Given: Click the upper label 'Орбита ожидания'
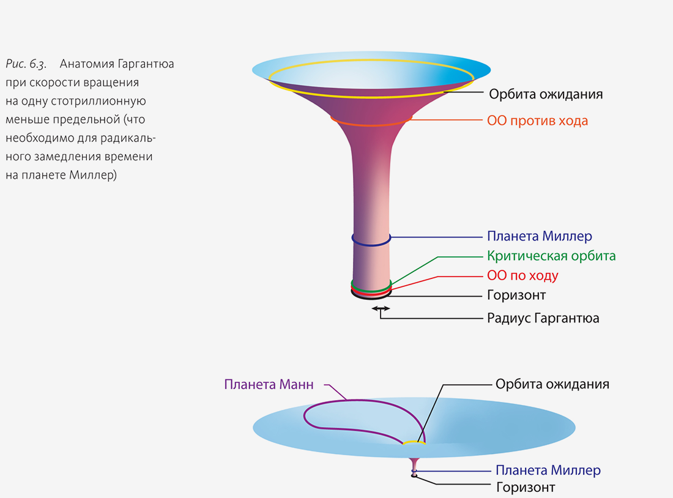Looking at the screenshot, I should [x=546, y=94].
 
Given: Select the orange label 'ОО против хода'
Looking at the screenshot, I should [x=537, y=121].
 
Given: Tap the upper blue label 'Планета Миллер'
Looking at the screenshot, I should [x=540, y=236].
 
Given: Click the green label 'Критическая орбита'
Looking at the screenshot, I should [x=551, y=256].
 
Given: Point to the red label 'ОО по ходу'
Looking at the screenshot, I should [x=522, y=275].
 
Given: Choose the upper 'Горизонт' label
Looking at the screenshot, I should [x=516, y=295].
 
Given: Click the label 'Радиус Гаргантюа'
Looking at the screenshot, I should [x=543, y=318].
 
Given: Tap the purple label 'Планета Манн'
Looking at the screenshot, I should [x=269, y=385].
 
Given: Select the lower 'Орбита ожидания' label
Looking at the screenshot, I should [x=552, y=384].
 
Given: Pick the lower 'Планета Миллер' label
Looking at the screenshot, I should [x=548, y=470].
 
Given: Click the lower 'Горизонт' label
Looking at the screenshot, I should [x=525, y=488].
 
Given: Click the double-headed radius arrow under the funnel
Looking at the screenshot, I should [x=380, y=309].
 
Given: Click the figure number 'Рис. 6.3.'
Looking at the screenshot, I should [x=26, y=64].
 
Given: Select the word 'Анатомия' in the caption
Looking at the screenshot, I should [x=86, y=64].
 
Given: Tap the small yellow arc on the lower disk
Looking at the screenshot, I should [x=414, y=442].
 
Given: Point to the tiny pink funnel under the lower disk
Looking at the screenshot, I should [x=415, y=465].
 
